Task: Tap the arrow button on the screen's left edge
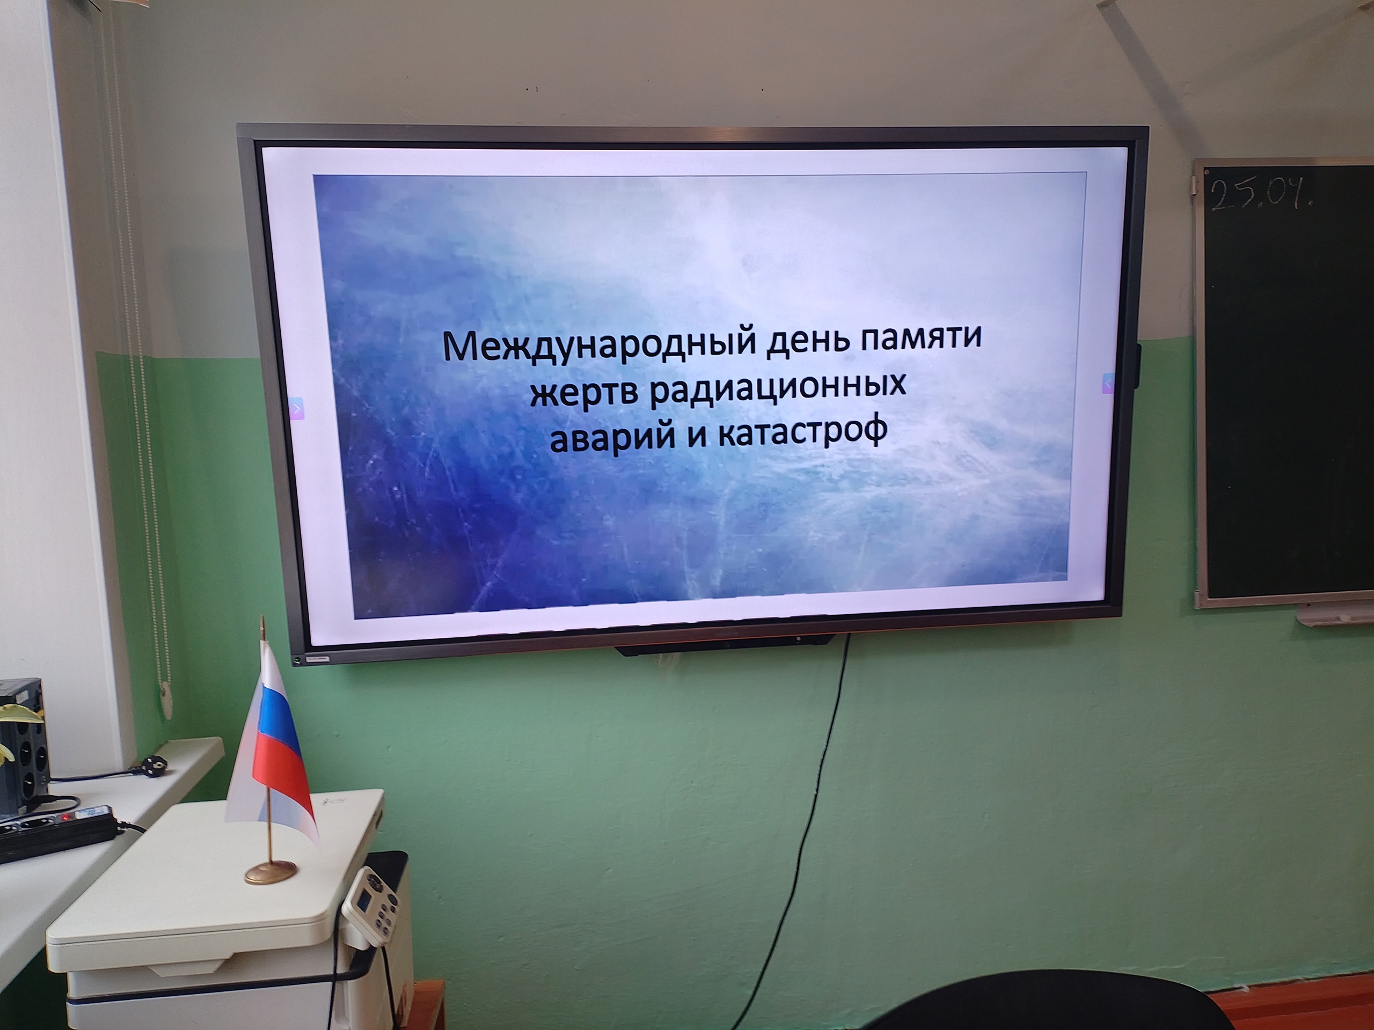[297, 409]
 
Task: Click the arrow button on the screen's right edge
[1108, 383]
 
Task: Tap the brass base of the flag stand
[270, 871]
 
